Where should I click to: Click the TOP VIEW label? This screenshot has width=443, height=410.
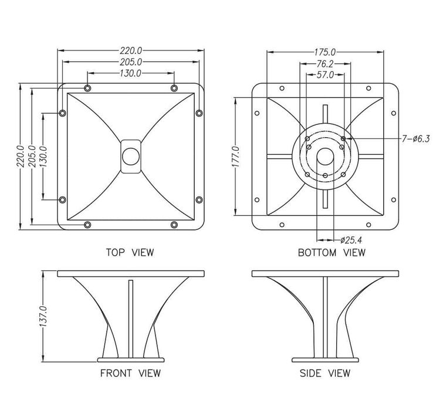[130, 253]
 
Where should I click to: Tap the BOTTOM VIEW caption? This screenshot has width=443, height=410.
[332, 253]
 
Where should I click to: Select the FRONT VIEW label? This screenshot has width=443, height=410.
[130, 373]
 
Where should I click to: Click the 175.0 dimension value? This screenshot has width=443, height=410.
[324, 52]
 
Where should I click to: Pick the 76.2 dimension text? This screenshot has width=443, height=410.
[326, 63]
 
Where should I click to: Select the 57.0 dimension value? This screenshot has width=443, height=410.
[325, 74]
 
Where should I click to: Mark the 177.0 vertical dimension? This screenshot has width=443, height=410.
[236, 157]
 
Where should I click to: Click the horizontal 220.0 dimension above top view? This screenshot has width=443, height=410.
[130, 51]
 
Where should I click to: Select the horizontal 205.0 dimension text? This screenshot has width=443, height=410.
[130, 62]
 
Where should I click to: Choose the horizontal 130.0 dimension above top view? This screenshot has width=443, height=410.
[130, 73]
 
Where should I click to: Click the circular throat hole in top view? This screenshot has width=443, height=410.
[130, 157]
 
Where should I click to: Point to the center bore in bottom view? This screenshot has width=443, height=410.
[324, 158]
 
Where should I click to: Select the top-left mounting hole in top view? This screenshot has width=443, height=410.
[87, 89]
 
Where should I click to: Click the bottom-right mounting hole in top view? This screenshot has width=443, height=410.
[174, 225]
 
